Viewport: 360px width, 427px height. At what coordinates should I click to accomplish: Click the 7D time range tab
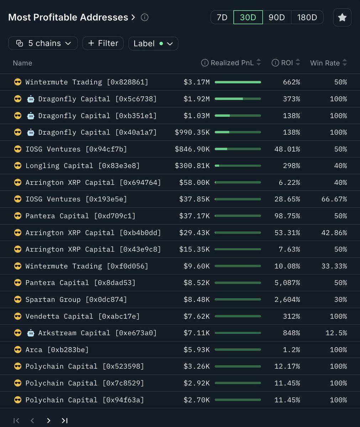pyautogui.click(x=222, y=17)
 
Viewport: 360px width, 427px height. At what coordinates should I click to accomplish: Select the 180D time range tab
pyautogui.click(x=307, y=17)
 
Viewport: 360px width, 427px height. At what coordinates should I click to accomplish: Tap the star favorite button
pyautogui.click(x=342, y=17)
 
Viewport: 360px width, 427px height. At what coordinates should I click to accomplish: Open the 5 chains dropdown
pyautogui.click(x=43, y=43)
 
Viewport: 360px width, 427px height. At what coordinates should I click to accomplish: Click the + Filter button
pyautogui.click(x=103, y=43)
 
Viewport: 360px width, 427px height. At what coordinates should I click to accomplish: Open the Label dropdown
pyautogui.click(x=153, y=43)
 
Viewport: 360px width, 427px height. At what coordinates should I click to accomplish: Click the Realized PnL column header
pyautogui.click(x=232, y=63)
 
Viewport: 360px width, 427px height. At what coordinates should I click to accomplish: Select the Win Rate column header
pyautogui.click(x=325, y=63)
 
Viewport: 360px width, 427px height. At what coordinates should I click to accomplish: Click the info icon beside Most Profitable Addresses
pyautogui.click(x=145, y=17)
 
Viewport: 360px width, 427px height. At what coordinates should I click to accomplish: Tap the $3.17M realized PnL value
pyautogui.click(x=197, y=82)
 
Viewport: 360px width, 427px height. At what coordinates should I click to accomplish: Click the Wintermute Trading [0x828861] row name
pyautogui.click(x=87, y=82)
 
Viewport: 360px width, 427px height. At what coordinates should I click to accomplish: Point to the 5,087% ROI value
pyautogui.click(x=287, y=283)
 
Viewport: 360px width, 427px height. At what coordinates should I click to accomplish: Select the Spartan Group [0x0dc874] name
pyautogui.click(x=76, y=300)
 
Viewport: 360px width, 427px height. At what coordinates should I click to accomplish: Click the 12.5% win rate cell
pyautogui.click(x=336, y=333)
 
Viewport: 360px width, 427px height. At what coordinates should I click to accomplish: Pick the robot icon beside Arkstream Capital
pyautogui.click(x=31, y=333)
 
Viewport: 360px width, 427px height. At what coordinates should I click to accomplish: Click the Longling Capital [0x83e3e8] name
pyautogui.click(x=82, y=166)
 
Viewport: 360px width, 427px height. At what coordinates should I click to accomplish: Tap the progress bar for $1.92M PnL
pyautogui.click(x=238, y=99)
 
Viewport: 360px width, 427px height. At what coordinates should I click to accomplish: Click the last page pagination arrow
pyautogui.click(x=64, y=421)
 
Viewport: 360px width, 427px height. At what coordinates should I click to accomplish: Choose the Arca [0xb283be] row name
pyautogui.click(x=57, y=350)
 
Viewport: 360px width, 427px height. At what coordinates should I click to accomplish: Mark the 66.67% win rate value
pyautogui.click(x=334, y=199)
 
